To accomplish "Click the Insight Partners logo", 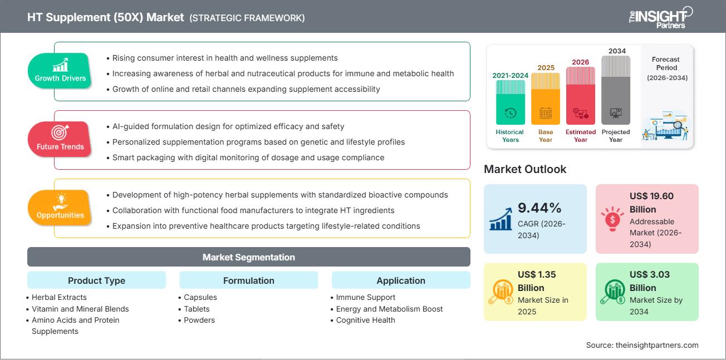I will [x=660, y=17].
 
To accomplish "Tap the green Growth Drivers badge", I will [x=60, y=71].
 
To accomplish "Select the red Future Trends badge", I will [x=60, y=139].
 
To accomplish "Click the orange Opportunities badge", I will [x=60, y=208].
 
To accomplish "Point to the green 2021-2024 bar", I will [x=510, y=102].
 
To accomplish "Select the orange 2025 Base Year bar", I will [x=546, y=98].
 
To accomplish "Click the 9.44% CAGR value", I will [x=539, y=208].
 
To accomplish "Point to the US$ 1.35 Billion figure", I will [x=537, y=281].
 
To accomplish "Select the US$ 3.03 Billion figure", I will [x=649, y=281].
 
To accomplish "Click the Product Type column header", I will [x=96, y=280].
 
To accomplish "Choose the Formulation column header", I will [x=248, y=280].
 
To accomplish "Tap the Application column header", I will [x=400, y=280].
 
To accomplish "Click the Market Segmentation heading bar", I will [x=248, y=257].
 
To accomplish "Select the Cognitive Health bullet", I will [x=365, y=320].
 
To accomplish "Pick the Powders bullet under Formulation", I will [x=199, y=320].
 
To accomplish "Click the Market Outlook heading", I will [x=525, y=169].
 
